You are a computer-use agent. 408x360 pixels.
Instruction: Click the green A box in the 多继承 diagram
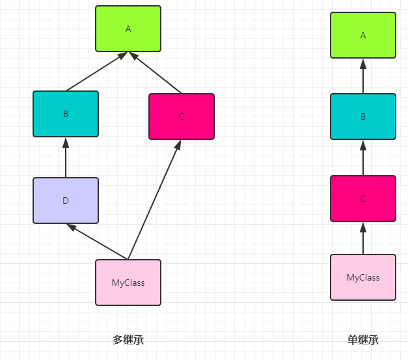point(128,29)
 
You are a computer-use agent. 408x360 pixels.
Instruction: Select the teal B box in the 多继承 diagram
point(66,114)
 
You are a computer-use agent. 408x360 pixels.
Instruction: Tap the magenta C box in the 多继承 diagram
point(182,117)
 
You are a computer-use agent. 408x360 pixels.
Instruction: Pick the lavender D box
point(66,201)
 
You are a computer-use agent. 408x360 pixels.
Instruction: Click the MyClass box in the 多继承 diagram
point(128,283)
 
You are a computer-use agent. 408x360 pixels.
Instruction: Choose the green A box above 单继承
point(363,35)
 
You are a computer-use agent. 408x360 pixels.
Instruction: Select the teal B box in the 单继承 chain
point(363,117)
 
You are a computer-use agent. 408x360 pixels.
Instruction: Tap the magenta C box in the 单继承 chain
point(363,199)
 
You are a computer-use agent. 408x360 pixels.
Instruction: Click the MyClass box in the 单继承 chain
point(363,277)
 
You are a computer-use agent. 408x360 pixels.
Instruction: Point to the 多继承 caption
point(128,340)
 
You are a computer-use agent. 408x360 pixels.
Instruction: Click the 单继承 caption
point(363,340)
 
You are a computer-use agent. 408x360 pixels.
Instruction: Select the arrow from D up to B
point(66,158)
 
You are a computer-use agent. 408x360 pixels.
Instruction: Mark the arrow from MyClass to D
point(97,242)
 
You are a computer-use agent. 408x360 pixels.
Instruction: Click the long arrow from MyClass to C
point(155,200)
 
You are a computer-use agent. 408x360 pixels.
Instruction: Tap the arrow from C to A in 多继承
point(155,72)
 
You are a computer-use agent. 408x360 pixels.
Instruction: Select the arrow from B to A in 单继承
point(363,76)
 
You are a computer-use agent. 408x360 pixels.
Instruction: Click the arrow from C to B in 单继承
point(363,158)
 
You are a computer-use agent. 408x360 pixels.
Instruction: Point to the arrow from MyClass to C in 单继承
point(363,238)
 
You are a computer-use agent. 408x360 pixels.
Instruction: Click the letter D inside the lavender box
point(66,201)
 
